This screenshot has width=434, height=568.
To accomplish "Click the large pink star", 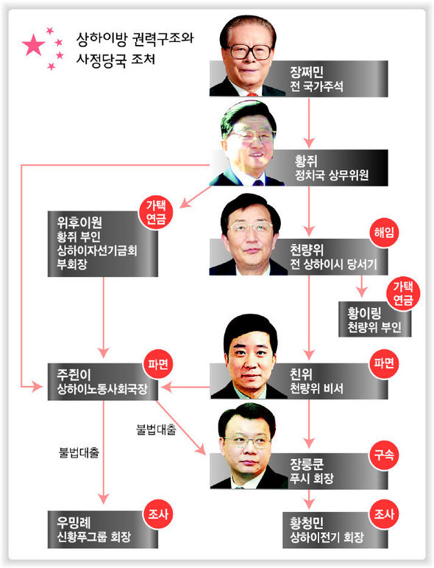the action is pyautogui.click(x=33, y=45).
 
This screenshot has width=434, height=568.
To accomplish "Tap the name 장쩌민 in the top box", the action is pyautogui.click(x=307, y=72).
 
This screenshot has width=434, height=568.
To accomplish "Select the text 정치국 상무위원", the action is pyautogui.click(x=332, y=175).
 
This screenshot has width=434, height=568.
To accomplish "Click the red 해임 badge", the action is pyautogui.click(x=384, y=233).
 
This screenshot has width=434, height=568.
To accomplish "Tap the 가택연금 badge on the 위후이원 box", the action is pyautogui.click(x=156, y=212).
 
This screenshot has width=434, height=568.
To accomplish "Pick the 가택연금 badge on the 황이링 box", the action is pyautogui.click(x=403, y=293).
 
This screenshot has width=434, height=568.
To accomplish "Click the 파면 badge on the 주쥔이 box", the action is pyautogui.click(x=158, y=364).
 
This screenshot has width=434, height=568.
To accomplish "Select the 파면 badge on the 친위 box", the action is pyautogui.click(x=384, y=363).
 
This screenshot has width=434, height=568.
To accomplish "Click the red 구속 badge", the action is pyautogui.click(x=384, y=455).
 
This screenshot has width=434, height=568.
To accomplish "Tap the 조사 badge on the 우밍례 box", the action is pyautogui.click(x=158, y=513).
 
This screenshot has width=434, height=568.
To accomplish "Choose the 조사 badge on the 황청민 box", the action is pyautogui.click(x=384, y=513).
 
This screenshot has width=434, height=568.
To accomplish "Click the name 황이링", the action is pyautogui.click(x=364, y=313).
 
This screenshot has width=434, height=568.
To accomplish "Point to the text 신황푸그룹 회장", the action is pyautogui.click(x=93, y=537).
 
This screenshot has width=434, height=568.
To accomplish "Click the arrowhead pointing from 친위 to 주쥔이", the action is pyautogui.click(x=166, y=388).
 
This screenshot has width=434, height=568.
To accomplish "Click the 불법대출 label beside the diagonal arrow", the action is pyautogui.click(x=156, y=429).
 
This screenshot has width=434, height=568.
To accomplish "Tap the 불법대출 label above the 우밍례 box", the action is pyautogui.click(x=79, y=452).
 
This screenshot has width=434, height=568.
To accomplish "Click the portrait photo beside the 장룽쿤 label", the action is pyautogui.click(x=249, y=446).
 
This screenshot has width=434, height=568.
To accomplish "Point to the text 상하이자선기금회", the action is pyautogui.click(x=97, y=250).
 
